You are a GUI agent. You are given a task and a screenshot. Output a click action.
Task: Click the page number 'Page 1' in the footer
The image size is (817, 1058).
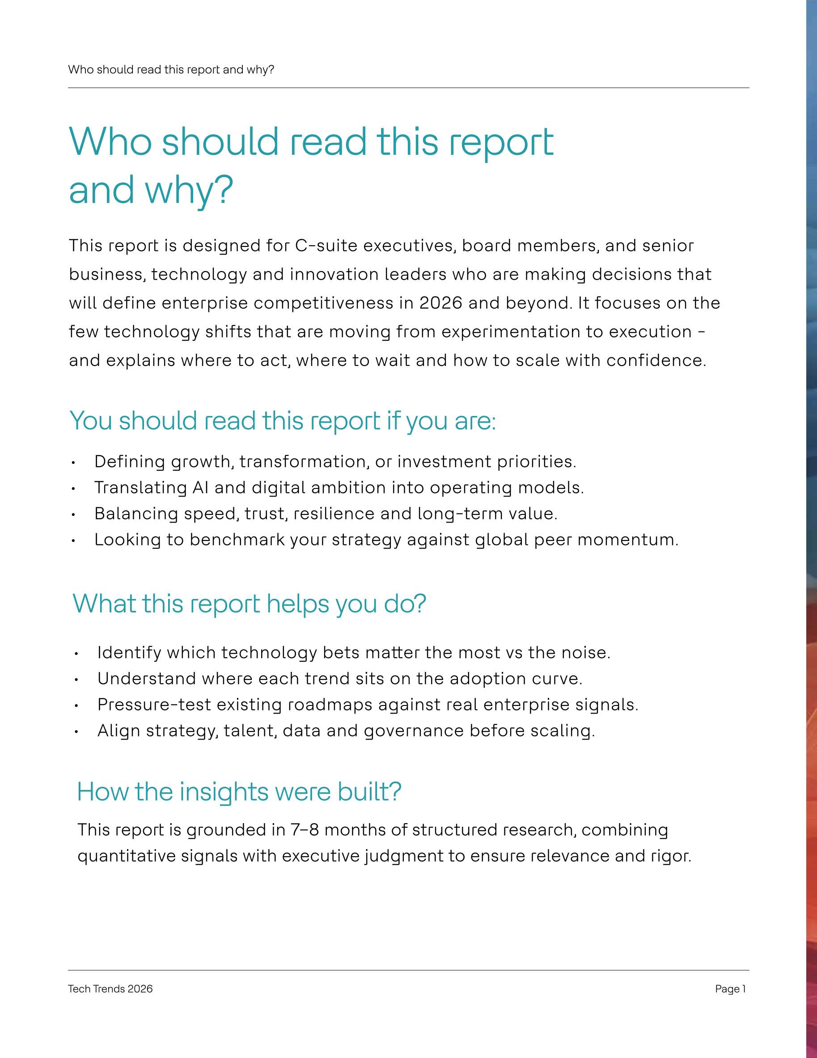pyautogui.click(x=730, y=989)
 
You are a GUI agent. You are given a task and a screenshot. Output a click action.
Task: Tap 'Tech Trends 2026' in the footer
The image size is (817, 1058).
pyautogui.click(x=110, y=989)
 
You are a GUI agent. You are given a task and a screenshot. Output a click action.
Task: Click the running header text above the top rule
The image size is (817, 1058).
pyautogui.click(x=171, y=70)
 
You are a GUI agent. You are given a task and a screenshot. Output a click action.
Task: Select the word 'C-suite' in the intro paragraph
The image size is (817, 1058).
pyautogui.click(x=326, y=246)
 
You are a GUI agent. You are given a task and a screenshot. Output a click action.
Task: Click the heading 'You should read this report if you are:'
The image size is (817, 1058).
pyautogui.click(x=283, y=421)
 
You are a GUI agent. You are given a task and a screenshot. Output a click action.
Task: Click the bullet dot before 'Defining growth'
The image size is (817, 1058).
pyautogui.click(x=73, y=463)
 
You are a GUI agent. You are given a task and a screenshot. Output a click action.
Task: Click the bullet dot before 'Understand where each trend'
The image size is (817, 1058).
pyautogui.click(x=76, y=680)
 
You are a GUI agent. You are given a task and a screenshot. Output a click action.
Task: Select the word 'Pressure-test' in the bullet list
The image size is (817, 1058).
pyautogui.click(x=154, y=705)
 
